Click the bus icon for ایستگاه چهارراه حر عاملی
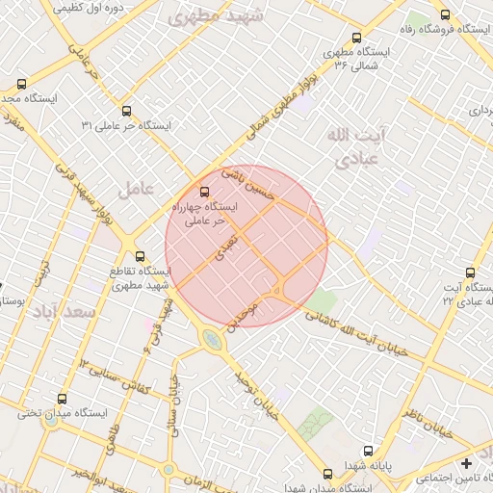coord(203,192)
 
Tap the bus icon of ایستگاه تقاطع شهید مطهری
coord(141,256)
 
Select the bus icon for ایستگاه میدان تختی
coord(64,399)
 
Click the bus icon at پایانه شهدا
coord(367,451)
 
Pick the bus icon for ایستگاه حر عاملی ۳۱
coord(127,111)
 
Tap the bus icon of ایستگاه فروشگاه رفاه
coord(444,15)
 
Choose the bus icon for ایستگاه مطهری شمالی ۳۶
coord(357,38)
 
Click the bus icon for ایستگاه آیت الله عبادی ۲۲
coord(470,272)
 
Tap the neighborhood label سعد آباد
coord(64,312)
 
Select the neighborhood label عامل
coord(136,190)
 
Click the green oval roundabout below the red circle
coord(211,338)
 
